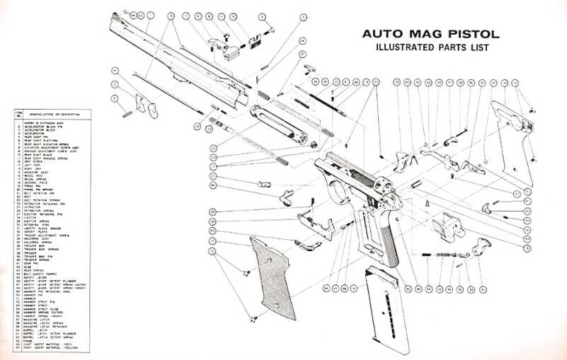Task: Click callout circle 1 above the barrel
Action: (149, 15)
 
